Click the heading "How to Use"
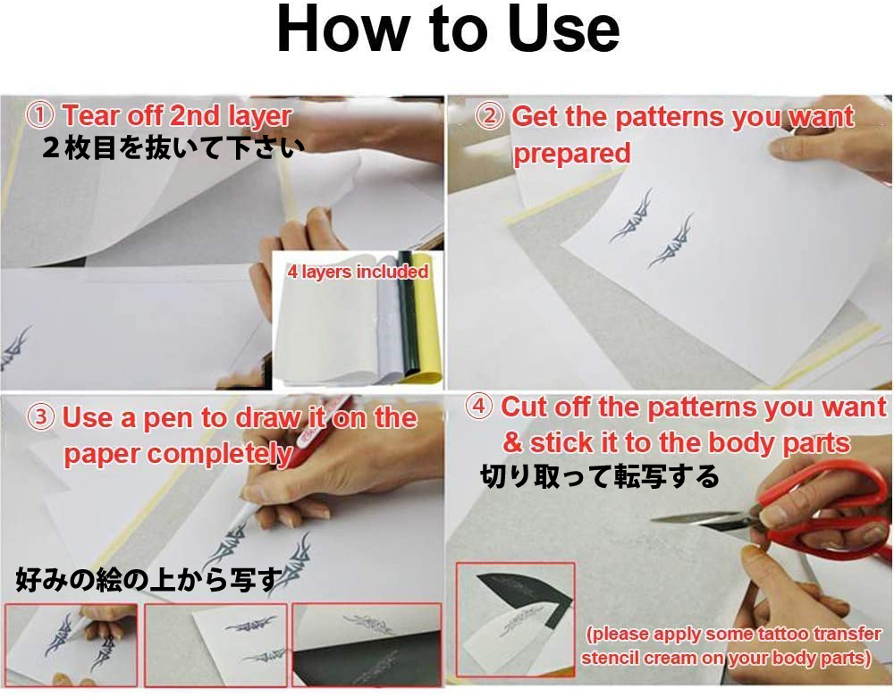[448, 29]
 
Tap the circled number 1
[40, 115]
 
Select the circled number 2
[490, 117]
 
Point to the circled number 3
[41, 417]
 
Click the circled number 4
[479, 407]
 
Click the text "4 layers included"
[358, 272]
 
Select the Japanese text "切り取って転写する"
[599, 476]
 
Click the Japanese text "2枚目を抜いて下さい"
[173, 148]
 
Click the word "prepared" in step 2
[572, 154]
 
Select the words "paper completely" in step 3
[177, 454]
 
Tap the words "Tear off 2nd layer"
[177, 115]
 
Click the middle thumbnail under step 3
[215, 644]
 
